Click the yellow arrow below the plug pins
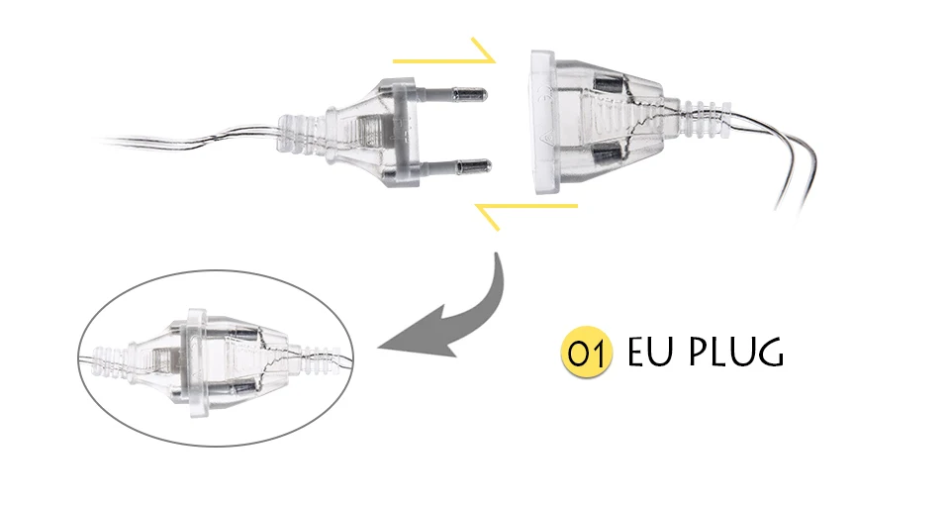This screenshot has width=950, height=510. (x=524, y=210)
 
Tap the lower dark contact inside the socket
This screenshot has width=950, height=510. (x=606, y=155)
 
